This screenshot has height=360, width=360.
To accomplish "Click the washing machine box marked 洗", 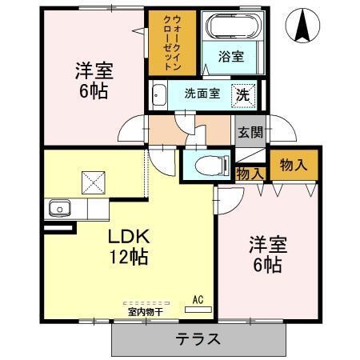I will (x=244, y=94).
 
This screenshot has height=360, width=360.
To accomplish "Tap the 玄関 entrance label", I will (x=249, y=132).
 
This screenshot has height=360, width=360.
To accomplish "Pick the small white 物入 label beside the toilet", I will (x=250, y=172).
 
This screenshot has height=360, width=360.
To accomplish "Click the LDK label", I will (x=129, y=238).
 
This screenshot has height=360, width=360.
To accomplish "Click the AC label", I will (x=198, y=300).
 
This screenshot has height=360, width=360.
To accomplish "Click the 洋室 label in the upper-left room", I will (x=93, y=70).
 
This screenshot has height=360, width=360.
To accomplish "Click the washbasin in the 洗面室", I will (x=158, y=94).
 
